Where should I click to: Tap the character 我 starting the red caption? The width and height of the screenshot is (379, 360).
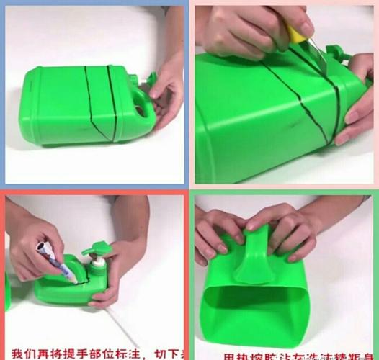[x=16, y=351]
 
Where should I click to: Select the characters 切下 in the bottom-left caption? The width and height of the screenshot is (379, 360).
[x=171, y=351]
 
